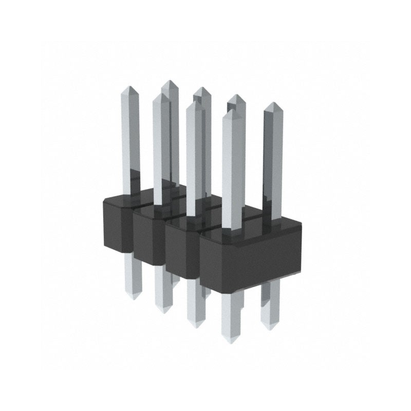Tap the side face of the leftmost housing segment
tap(117, 226)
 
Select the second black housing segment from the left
tap(150, 239)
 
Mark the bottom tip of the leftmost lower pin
tap(133, 297)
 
